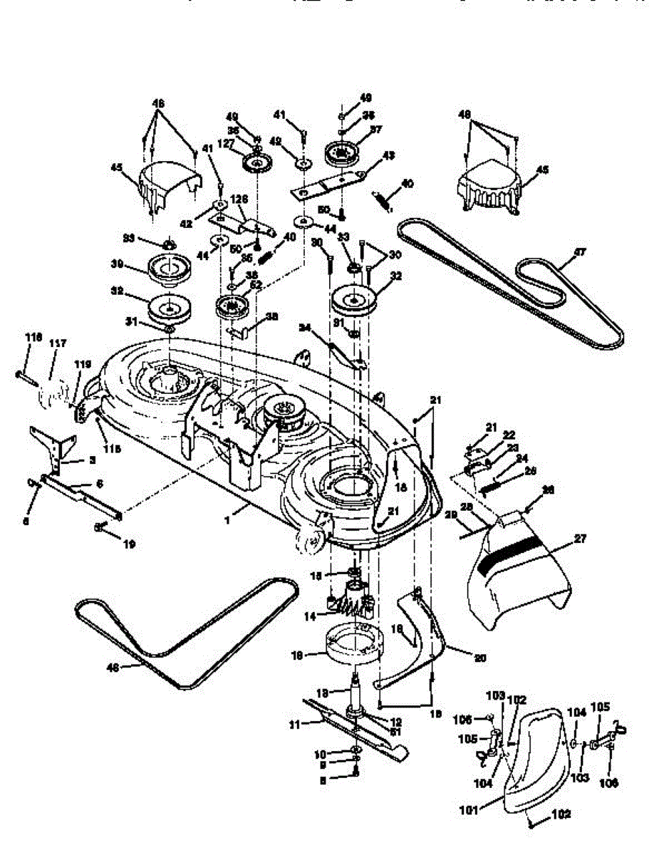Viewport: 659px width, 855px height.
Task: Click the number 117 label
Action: click(58, 343)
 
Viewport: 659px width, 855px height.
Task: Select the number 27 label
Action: click(581, 539)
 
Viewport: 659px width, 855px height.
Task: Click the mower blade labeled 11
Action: click(356, 727)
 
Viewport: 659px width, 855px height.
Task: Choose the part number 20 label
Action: click(479, 658)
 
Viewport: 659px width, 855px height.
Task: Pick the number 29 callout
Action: click(450, 514)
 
